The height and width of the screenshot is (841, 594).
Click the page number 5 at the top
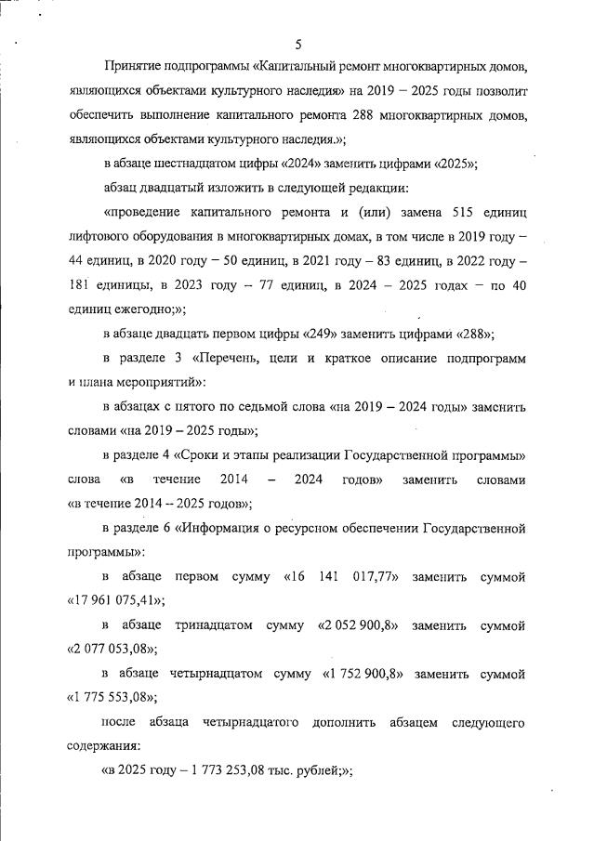(297, 44)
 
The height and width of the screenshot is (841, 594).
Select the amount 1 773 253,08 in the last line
(221, 769)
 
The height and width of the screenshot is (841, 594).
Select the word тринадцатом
(213, 624)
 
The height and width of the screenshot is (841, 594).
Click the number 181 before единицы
(83, 286)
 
